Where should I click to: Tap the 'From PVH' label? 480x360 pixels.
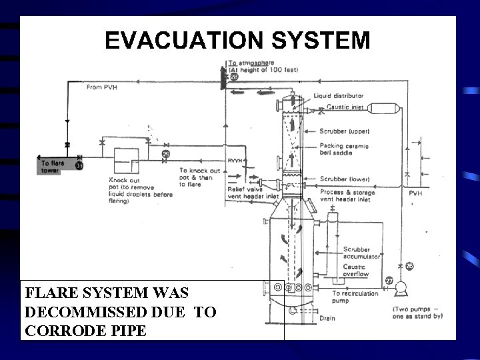pyautogui.click(x=101, y=87)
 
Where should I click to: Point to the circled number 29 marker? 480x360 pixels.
pyautogui.click(x=165, y=155)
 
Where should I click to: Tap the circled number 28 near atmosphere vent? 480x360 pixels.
pyautogui.click(x=234, y=77)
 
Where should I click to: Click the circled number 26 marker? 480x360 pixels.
pyautogui.click(x=410, y=266)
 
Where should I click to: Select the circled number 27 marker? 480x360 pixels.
pyautogui.click(x=388, y=280)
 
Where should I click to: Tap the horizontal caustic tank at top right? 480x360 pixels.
pyautogui.click(x=385, y=108)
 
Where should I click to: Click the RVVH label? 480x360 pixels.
pyautogui.click(x=233, y=161)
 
